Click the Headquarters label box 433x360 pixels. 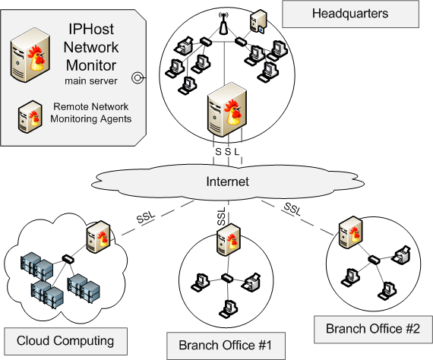pyautogui.click(x=350, y=14)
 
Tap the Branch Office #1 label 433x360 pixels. pyautogui.click(x=226, y=346)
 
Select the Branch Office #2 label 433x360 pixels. pyautogui.click(x=373, y=329)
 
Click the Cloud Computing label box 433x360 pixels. pyautogui.click(x=65, y=341)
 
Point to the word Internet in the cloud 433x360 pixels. pyautogui.click(x=228, y=182)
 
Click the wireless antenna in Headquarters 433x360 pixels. pyautogui.click(x=223, y=24)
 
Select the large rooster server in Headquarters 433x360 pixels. pyautogui.click(x=226, y=109)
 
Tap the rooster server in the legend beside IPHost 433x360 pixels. pyautogui.click(x=30, y=55)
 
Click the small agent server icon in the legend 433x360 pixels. pyautogui.click(x=30, y=117)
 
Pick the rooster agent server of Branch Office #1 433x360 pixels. pyautogui.click(x=229, y=239)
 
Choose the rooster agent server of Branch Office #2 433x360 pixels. pyautogui.click(x=351, y=232)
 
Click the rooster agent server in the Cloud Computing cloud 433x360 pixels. pyautogui.click(x=99, y=237)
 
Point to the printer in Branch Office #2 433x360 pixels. pyautogui.click(x=402, y=255)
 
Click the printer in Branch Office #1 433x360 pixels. pyautogui.click(x=251, y=282)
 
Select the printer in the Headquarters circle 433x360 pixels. pyautogui.click(x=183, y=46)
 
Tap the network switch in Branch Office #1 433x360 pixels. pyautogui.click(x=228, y=278)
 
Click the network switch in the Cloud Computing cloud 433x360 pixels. pyautogui.click(x=68, y=259)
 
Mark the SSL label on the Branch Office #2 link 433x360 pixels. pyautogui.click(x=292, y=209)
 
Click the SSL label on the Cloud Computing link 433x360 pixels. pyautogui.click(x=146, y=217)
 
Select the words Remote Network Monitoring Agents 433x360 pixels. pyautogui.click(x=91, y=112)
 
